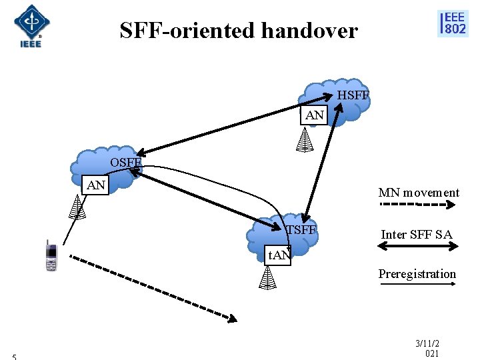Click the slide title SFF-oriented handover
pos(239,31)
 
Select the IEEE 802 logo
pos(453,23)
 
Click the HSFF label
pos(353,96)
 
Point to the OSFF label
pos(126,163)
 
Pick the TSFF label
pos(300,231)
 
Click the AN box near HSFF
pos(315,116)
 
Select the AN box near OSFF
pos(97,185)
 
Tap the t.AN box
pos(279,255)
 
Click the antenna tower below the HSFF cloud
pos(305,139)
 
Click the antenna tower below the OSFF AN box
pos(78,207)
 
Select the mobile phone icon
pos(51,255)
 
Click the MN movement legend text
pos(419,193)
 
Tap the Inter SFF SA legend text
pos(417,234)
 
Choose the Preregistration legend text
pos(417,274)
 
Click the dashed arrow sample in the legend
pos(417,205)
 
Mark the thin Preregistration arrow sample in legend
pos(417,285)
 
